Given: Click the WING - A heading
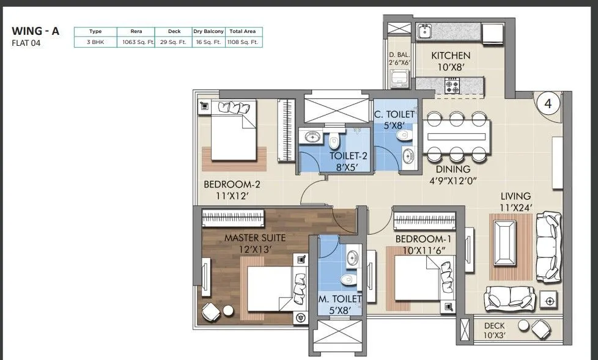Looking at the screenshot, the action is (35, 31).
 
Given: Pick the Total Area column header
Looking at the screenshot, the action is (243, 31).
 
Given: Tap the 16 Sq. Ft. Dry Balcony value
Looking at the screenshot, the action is (209, 42).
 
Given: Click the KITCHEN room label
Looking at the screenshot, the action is (451, 56).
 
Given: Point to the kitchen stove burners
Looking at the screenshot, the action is (452, 86).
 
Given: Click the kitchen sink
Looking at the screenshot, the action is (424, 31).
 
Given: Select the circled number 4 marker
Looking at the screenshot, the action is (548, 103).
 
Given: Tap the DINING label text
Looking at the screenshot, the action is (453, 169).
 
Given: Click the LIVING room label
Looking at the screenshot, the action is (515, 196).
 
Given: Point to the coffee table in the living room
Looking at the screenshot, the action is (504, 243).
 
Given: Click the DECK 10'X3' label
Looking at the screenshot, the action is (494, 331).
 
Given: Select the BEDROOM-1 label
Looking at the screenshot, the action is (423, 239).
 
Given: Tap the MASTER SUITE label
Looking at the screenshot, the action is (255, 238).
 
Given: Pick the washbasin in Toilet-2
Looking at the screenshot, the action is (312, 136).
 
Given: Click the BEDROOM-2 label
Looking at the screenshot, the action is (232, 185).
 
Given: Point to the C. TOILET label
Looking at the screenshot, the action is (394, 114).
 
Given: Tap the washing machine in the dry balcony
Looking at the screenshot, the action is (399, 79).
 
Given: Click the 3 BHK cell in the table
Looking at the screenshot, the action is (95, 42).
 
